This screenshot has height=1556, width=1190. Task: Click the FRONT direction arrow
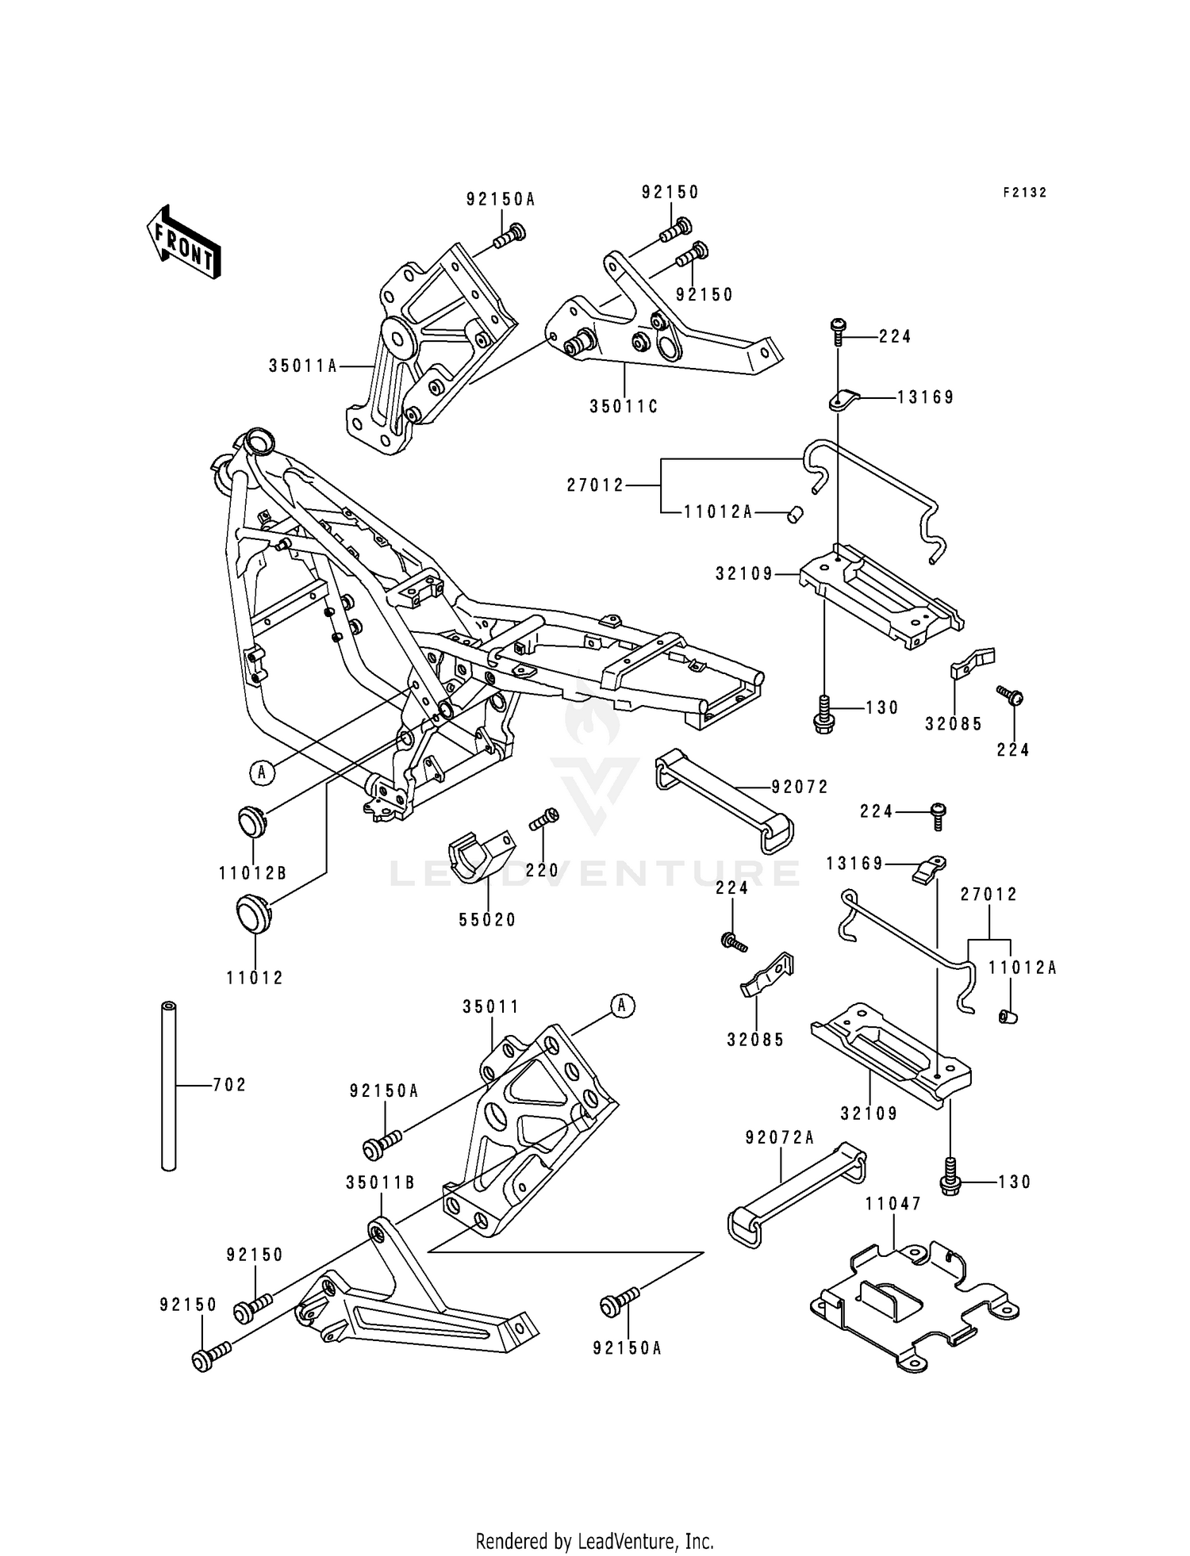(183, 241)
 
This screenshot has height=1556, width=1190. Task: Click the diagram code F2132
(1024, 193)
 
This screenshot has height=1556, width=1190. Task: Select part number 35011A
(303, 366)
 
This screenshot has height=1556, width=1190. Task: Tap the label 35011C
(624, 407)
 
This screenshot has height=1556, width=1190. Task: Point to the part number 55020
(487, 920)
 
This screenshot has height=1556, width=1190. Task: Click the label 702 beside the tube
(229, 1085)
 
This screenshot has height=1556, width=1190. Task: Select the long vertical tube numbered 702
(167, 1086)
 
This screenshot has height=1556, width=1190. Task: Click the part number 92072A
(780, 1138)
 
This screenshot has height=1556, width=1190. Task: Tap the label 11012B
(253, 874)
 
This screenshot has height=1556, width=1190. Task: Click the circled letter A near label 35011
(622, 1006)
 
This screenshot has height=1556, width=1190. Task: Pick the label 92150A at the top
(501, 200)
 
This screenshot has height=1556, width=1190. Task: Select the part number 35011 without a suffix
(491, 1006)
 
